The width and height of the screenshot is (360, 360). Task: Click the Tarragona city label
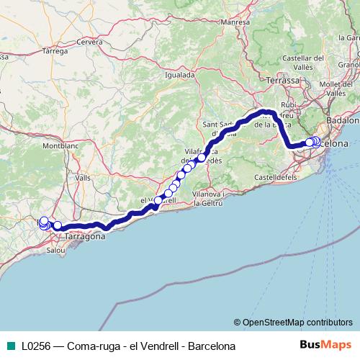86,236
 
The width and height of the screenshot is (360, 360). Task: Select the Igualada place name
180,74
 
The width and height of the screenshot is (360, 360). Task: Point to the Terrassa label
284,80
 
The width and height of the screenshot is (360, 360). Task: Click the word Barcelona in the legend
212,346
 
